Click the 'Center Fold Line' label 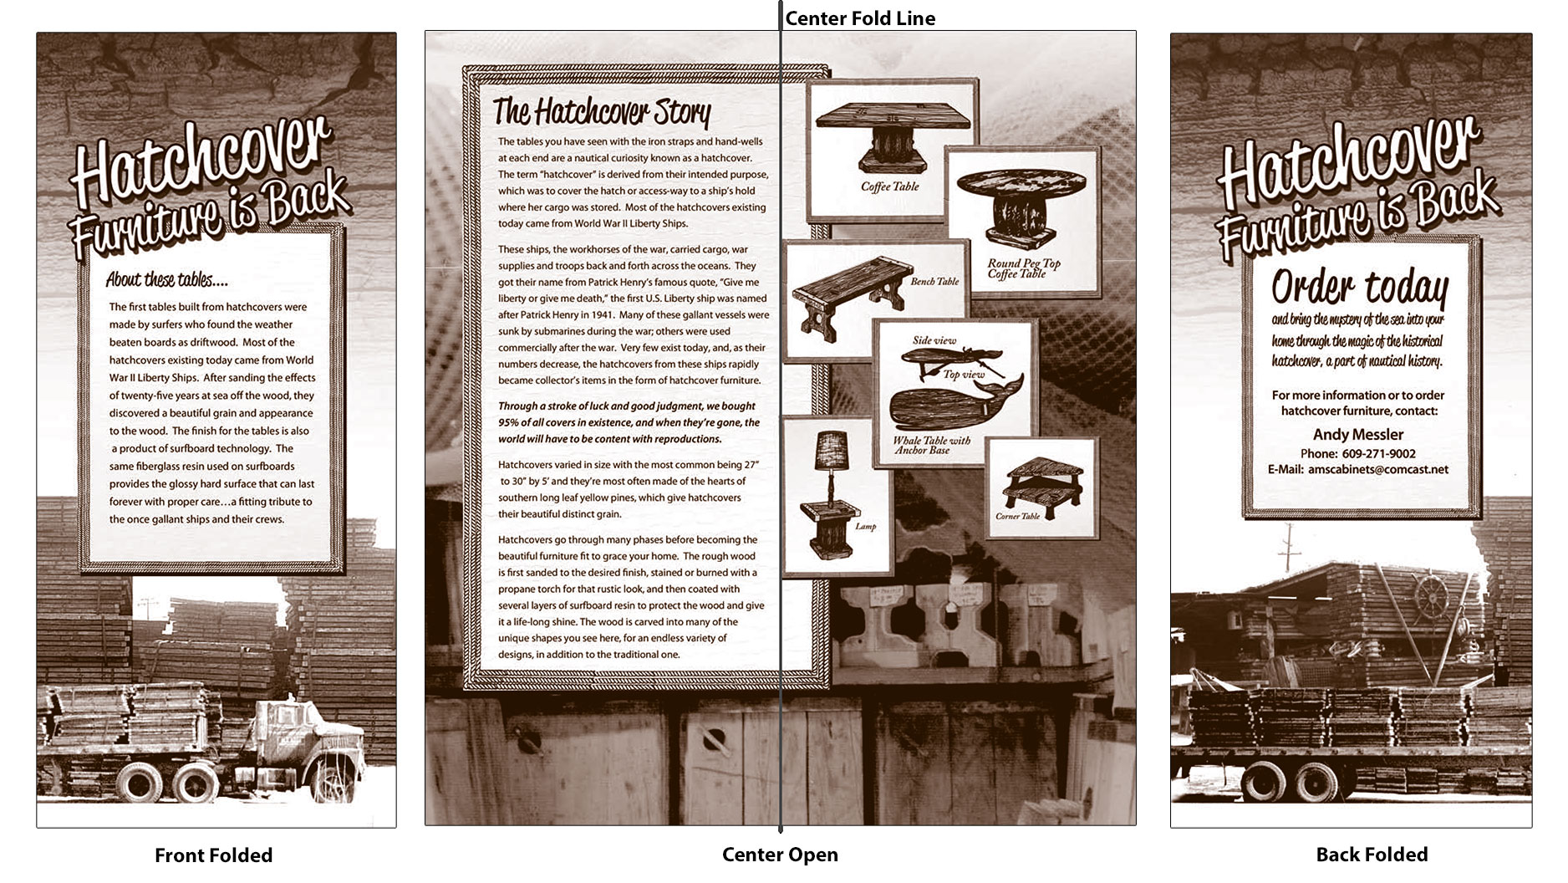860,18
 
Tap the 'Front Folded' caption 213,855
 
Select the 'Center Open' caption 780,855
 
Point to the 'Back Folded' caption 1372,855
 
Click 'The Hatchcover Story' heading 602,110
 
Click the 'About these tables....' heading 166,279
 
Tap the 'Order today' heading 1359,288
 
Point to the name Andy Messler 1358,434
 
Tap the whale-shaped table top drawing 955,405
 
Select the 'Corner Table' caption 1017,516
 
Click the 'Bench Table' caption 934,282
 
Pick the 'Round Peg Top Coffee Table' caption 1023,268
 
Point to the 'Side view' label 934,340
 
